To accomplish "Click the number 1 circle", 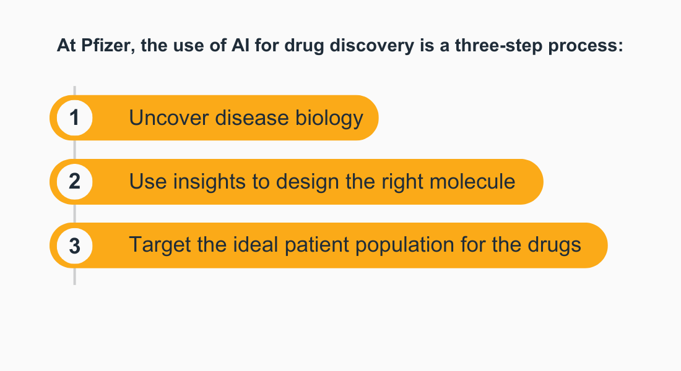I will point(74,117).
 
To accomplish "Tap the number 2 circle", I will point(74,182).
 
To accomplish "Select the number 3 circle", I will point(74,245).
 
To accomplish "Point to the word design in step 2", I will point(307,182).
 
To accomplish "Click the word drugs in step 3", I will point(554,245).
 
